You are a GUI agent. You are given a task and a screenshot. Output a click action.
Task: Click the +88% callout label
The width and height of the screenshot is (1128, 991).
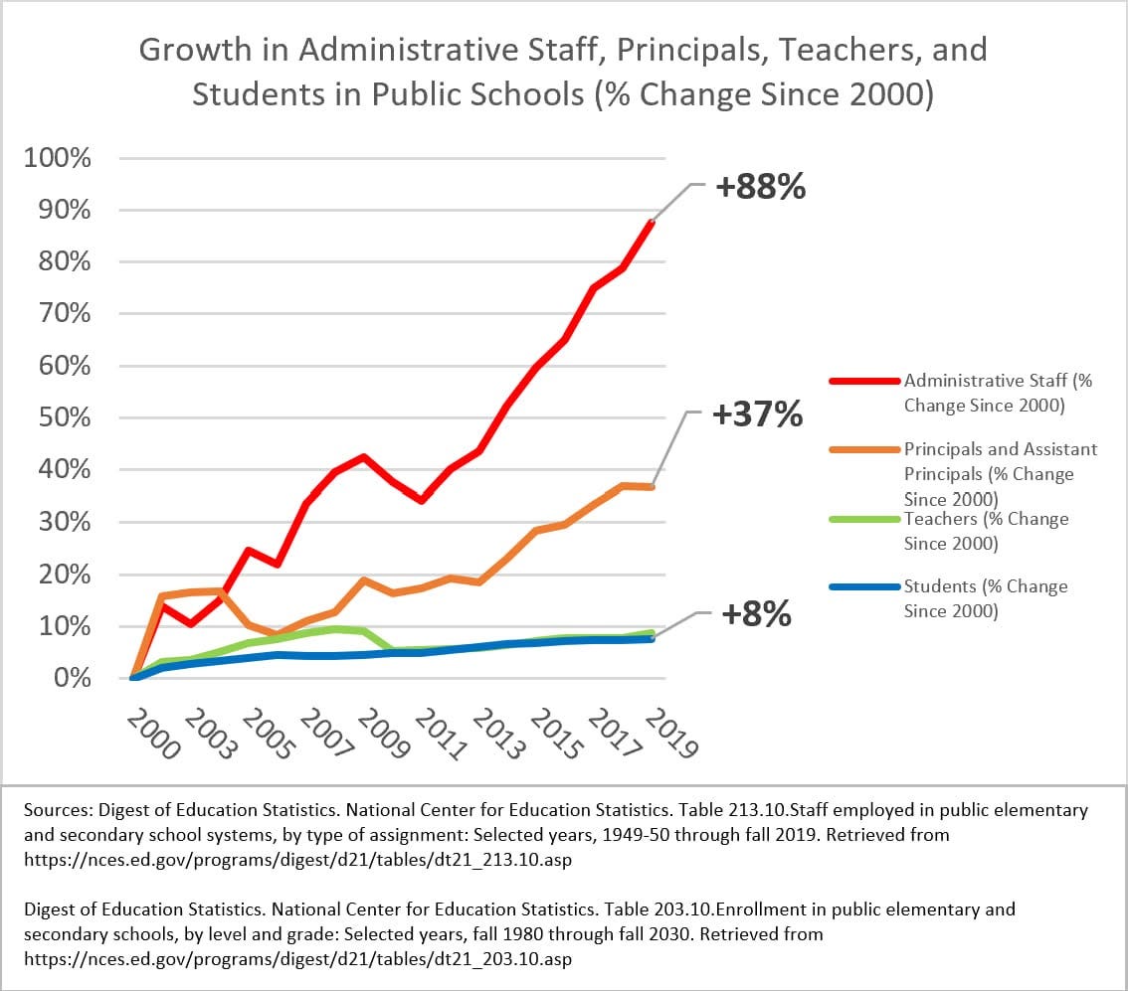pyautogui.click(x=760, y=186)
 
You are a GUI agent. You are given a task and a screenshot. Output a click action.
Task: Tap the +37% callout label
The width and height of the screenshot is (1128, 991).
pyautogui.click(x=758, y=413)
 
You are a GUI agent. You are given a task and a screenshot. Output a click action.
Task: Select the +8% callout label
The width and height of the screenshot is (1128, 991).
pyautogui.click(x=756, y=613)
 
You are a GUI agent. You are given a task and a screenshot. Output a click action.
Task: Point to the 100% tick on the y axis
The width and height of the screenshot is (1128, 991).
pyautogui.click(x=58, y=157)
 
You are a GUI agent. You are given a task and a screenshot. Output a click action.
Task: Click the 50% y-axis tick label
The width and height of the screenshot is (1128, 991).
pyautogui.click(x=65, y=417)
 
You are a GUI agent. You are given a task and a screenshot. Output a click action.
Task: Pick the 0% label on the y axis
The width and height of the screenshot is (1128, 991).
pyautogui.click(x=72, y=678)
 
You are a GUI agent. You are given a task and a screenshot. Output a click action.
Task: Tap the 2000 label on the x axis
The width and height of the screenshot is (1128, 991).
pyautogui.click(x=153, y=734)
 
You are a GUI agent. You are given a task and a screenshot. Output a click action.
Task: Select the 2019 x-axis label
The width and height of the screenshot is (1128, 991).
pyautogui.click(x=671, y=733)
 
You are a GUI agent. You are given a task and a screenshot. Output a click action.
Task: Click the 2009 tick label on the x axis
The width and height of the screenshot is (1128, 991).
pyautogui.click(x=383, y=733)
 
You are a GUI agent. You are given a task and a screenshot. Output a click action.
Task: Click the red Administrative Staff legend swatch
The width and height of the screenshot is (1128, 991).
pyautogui.click(x=864, y=381)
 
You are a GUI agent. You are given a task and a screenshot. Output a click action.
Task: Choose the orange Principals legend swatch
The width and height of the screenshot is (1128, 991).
pyautogui.click(x=864, y=450)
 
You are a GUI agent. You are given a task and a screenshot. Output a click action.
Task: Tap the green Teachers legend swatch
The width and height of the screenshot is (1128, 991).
pyautogui.click(x=864, y=519)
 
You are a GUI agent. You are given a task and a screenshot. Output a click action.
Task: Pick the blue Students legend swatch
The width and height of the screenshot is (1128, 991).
pyautogui.click(x=864, y=587)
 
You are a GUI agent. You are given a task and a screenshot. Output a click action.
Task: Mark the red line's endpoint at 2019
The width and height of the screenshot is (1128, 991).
pyautogui.click(x=652, y=223)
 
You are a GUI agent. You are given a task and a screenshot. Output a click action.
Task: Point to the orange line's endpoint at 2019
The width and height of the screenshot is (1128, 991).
pyautogui.click(x=652, y=486)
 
